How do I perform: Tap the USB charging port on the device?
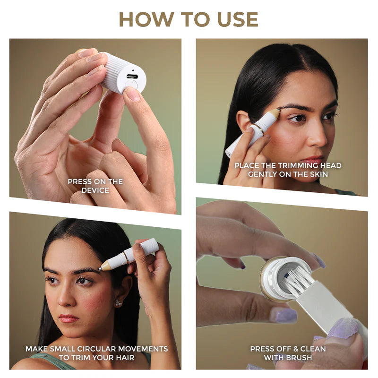point(132,76)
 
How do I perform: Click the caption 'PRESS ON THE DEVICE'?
point(95,186)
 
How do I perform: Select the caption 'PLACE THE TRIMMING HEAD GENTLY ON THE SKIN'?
point(288,170)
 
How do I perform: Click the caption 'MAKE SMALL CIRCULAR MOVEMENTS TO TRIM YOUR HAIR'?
point(96,353)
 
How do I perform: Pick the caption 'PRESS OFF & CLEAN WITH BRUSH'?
point(288,353)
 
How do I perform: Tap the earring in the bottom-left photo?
point(118,303)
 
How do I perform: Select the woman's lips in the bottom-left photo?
point(69,318)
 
